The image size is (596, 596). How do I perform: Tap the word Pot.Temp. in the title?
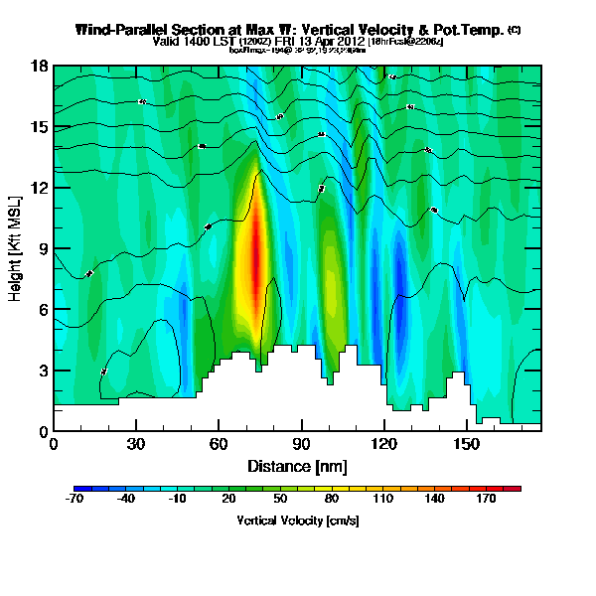pyautogui.click(x=469, y=30)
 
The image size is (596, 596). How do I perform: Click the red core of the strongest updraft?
pyautogui.click(x=255, y=260)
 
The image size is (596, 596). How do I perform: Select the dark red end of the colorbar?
pyautogui.click(x=513, y=490)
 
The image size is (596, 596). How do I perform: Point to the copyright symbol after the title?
pyautogui.click(x=514, y=30)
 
